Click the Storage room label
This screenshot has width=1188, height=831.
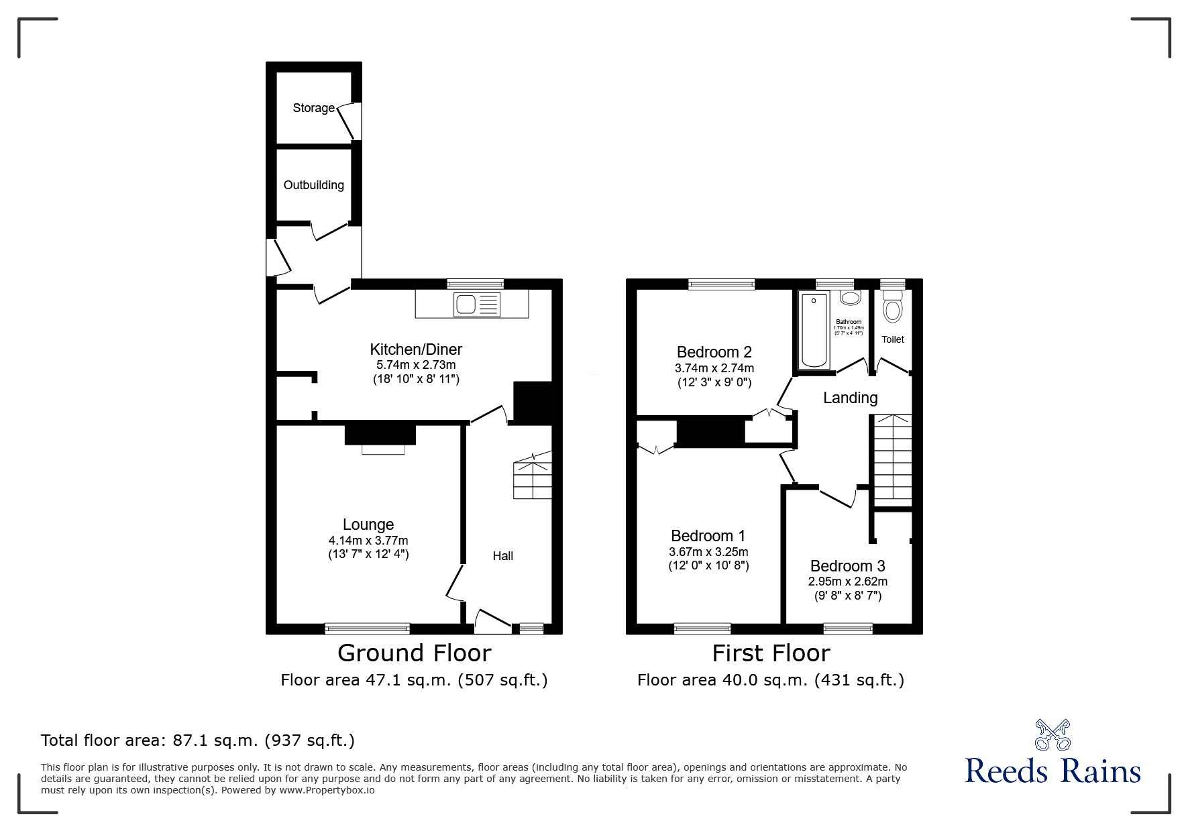[313, 108]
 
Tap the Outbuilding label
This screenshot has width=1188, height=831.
[313, 185]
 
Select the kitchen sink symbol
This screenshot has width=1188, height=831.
[476, 304]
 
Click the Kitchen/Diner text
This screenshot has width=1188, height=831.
[416, 349]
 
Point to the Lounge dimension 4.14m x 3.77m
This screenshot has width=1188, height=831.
[368, 541]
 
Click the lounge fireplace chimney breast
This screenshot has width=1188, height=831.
[380, 434]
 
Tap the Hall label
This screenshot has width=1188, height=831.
[502, 555]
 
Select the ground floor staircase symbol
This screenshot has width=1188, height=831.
[533, 477]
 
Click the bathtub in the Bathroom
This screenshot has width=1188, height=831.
[814, 330]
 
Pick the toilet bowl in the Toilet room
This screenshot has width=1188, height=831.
[892, 310]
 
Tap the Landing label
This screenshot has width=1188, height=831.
[850, 398]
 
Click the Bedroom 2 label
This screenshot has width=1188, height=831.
[714, 352]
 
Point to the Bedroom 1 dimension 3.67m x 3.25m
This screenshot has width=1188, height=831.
[708, 552]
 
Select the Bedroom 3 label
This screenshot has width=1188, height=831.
[847, 566]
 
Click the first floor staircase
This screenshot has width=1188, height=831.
[892, 459]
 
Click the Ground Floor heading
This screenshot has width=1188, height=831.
[414, 653]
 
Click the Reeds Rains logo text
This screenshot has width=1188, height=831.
[1052, 771]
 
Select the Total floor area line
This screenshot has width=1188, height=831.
[198, 740]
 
